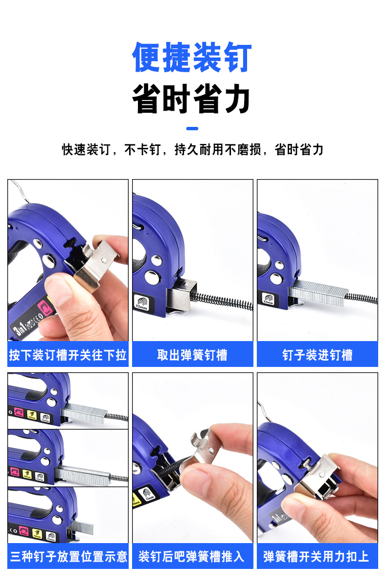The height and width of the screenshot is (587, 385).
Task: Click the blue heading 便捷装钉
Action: tap(192, 58)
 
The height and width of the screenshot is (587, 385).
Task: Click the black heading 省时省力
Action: tap(192, 99)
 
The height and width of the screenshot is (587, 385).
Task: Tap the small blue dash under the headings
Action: tap(192, 129)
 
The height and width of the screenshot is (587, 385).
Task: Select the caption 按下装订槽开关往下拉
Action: tap(68, 355)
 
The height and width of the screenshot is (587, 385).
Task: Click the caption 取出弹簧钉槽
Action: tap(192, 355)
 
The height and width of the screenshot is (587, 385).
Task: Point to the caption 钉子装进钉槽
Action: tap(317, 355)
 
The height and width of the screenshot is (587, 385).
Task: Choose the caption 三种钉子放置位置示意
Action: tap(68, 556)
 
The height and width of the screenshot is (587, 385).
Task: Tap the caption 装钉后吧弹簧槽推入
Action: tap(192, 556)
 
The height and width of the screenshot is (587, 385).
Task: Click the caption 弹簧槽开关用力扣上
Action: tap(317, 556)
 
